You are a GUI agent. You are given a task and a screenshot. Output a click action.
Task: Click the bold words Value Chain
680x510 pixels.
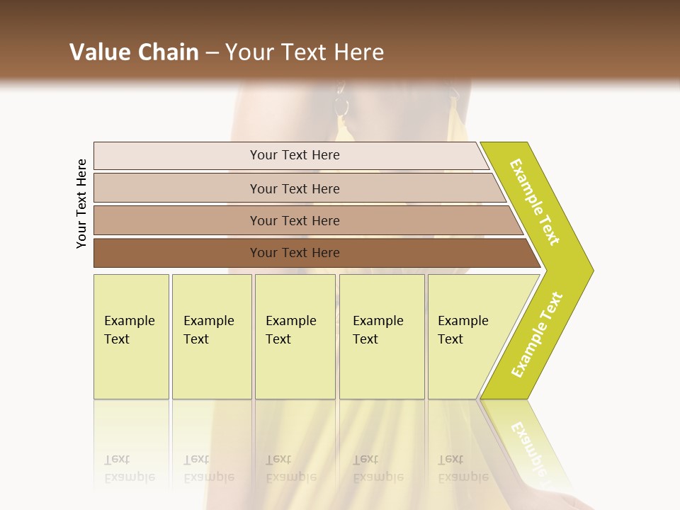[134, 52]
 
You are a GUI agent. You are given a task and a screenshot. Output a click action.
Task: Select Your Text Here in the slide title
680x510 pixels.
[305, 52]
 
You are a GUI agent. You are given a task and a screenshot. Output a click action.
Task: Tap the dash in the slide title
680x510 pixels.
[212, 53]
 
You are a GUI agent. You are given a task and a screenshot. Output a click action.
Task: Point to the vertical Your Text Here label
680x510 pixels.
[81, 203]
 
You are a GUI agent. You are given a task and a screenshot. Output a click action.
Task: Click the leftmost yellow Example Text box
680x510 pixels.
[131, 336]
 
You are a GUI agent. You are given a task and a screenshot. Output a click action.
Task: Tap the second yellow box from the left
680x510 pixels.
[212, 336]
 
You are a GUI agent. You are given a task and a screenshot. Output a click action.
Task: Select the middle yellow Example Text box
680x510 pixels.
[295, 336]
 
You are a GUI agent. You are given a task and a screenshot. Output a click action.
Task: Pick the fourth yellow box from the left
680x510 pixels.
[382, 336]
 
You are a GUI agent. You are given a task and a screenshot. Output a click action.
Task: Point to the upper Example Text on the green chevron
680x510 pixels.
[535, 202]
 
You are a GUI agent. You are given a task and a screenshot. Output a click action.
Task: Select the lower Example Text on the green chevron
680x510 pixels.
[537, 335]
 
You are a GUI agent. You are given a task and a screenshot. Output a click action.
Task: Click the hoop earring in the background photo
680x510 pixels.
[341, 107]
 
